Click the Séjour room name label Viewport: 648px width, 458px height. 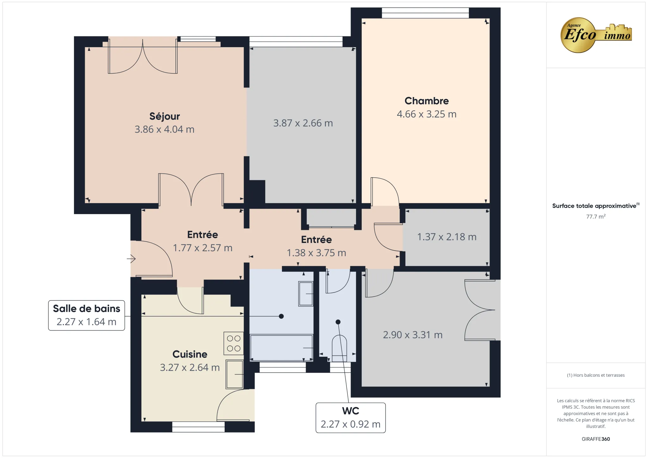pyautogui.click(x=165, y=116)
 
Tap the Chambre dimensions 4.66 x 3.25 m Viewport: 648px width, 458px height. pyautogui.click(x=427, y=114)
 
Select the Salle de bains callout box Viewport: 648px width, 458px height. pyautogui.click(x=86, y=315)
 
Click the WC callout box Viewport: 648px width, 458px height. pyautogui.click(x=351, y=418)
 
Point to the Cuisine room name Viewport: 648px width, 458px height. pyautogui.click(x=190, y=354)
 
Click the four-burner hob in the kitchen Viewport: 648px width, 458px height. pyautogui.click(x=234, y=343)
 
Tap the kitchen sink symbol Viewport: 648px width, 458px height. pyautogui.click(x=234, y=374)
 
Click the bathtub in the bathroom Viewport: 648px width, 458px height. pyautogui.click(x=281, y=348)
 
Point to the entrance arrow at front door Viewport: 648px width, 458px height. pyautogui.click(x=131, y=259)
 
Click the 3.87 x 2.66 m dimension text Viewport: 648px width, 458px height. pyautogui.click(x=303, y=123)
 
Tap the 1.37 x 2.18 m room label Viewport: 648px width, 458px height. pyautogui.click(x=446, y=237)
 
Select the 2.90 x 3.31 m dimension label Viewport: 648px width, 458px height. pyautogui.click(x=413, y=335)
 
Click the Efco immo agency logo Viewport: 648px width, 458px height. pyautogui.click(x=595, y=35)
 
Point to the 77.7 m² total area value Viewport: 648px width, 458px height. pyautogui.click(x=595, y=217)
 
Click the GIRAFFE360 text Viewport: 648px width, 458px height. pyautogui.click(x=595, y=439)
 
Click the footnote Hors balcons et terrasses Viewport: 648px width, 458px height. pyautogui.click(x=595, y=375)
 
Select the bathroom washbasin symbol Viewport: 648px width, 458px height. pyautogui.click(x=306, y=294)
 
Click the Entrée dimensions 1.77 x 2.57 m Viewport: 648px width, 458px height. pyautogui.click(x=202, y=248)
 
